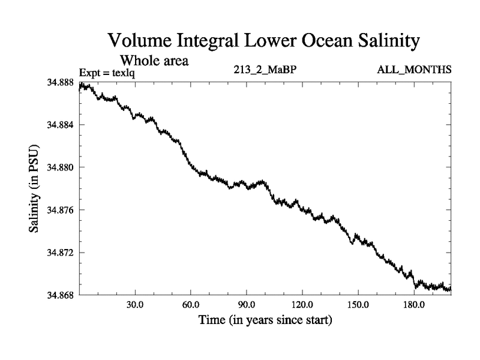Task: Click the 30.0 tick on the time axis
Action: click(135, 305)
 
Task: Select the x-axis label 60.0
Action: click(191, 305)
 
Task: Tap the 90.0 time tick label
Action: click(247, 305)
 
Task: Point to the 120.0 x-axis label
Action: click(302, 305)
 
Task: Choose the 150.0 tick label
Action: click(358, 305)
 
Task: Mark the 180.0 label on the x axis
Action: click(413, 305)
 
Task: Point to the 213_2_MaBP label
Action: click(265, 70)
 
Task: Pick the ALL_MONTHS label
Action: click(414, 70)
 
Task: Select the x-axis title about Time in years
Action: click(265, 320)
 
